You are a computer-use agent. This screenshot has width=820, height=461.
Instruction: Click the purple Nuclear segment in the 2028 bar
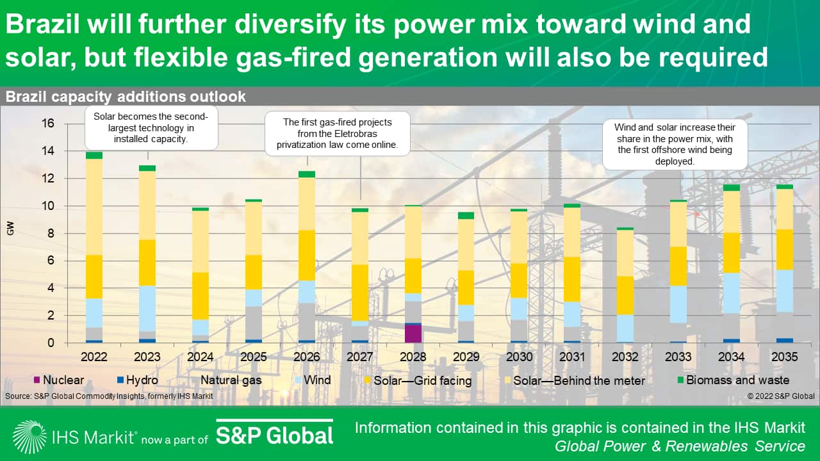point(413,334)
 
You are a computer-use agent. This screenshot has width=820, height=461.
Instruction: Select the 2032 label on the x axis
point(625,357)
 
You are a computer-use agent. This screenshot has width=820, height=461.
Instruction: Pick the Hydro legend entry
point(139,380)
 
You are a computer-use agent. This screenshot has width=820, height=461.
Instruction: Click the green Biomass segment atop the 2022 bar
point(94,156)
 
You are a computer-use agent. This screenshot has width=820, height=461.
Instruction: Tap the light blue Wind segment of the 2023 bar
point(148,308)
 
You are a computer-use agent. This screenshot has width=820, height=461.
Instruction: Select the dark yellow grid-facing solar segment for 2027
point(360,292)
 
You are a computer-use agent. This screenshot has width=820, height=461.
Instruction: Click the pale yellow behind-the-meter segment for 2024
point(201,241)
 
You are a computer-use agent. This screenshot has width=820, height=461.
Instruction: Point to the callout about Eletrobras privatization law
point(338,133)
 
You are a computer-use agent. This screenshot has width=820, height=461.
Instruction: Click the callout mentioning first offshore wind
point(675,145)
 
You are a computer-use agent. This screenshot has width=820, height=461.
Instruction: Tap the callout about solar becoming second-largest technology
point(151,128)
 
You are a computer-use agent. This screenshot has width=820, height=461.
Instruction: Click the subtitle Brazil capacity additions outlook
point(126,97)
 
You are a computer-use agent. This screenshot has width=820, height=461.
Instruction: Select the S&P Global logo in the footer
point(274,435)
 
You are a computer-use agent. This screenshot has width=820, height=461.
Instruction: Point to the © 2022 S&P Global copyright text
point(780,396)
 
